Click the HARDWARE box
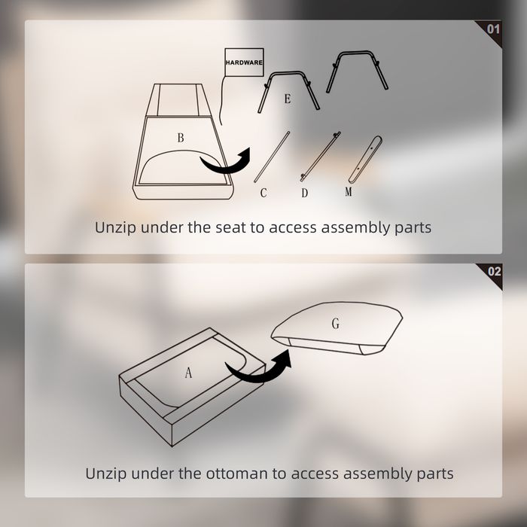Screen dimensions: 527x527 pyautogui.click(x=244, y=62)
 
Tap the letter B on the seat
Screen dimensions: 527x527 pyautogui.click(x=181, y=138)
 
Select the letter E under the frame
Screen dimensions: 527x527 pyautogui.click(x=288, y=99)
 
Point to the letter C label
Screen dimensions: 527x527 pyautogui.click(x=263, y=193)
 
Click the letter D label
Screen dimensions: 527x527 pyautogui.click(x=304, y=193)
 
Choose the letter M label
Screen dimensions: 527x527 pyautogui.click(x=349, y=191)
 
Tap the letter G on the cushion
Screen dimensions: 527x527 pyautogui.click(x=336, y=323)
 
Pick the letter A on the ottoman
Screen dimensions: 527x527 pyautogui.click(x=188, y=373)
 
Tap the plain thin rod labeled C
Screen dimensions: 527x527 pyautogui.click(x=272, y=157)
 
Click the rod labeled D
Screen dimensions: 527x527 pyautogui.click(x=320, y=157)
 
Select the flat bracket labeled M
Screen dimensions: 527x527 pyautogui.click(x=365, y=160)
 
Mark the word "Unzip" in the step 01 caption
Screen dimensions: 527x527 pyautogui.click(x=115, y=228)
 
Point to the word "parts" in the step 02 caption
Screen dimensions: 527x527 pyautogui.click(x=435, y=474)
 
